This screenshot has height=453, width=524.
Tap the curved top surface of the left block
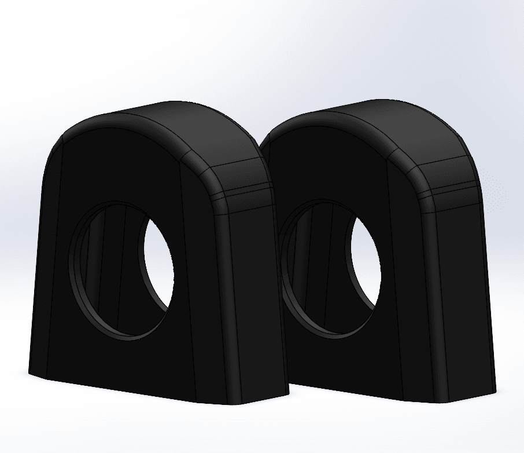(174, 125)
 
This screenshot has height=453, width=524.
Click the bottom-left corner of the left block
(30, 371)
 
